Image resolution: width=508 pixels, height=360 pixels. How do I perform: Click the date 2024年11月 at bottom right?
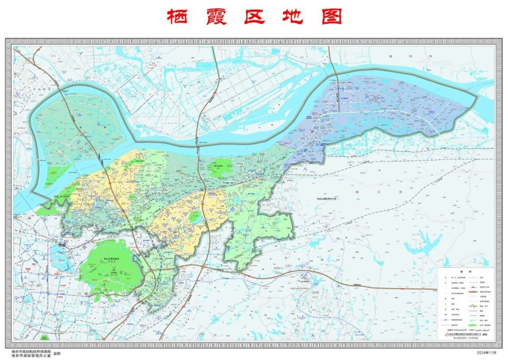[488, 353]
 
